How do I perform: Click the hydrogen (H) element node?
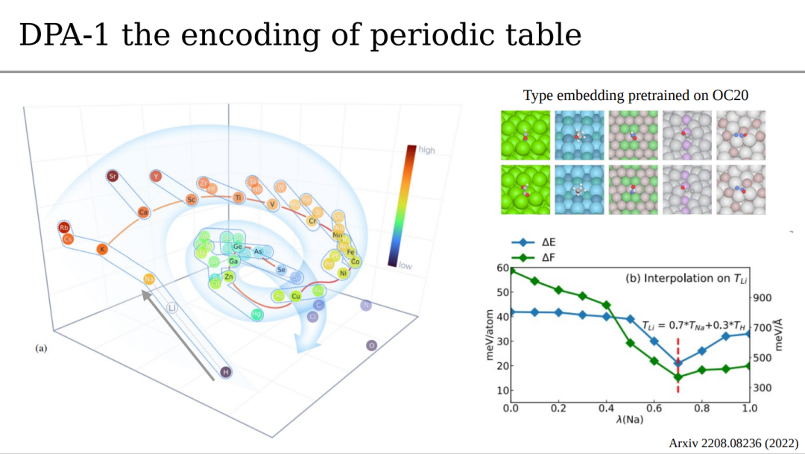click(224, 371)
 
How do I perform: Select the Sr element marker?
click(113, 177)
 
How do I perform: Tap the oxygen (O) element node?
click(371, 345)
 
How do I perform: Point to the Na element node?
click(149, 279)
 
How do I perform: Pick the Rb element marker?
click(64, 227)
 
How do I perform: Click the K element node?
click(102, 250)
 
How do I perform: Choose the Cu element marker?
click(296, 296)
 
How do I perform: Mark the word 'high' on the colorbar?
click(427, 150)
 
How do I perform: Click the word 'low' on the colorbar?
click(405, 265)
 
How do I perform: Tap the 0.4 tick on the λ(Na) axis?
click(606, 409)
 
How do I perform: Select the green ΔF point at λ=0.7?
click(678, 378)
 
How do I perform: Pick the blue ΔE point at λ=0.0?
click(511, 312)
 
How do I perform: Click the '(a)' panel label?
click(42, 348)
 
